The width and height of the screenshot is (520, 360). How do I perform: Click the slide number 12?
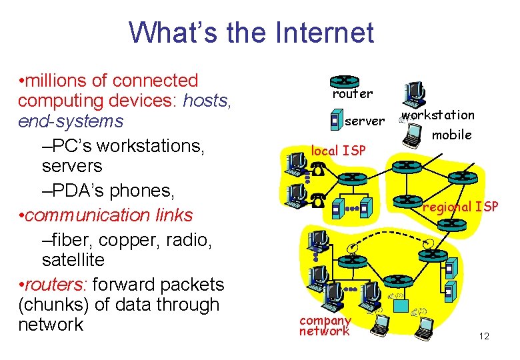click(484, 336)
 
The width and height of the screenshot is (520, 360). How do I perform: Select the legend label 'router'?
click(353, 94)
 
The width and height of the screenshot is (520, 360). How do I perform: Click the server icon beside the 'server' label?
click(337, 121)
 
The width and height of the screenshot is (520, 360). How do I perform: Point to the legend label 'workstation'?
click(439, 115)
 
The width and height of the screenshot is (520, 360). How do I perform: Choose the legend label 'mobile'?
click(452, 135)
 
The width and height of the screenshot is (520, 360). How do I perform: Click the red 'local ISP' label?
click(338, 151)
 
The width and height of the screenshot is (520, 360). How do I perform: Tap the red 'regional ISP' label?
click(461, 207)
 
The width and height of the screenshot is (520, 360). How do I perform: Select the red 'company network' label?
click(325, 326)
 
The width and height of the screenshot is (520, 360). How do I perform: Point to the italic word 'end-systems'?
click(71, 121)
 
